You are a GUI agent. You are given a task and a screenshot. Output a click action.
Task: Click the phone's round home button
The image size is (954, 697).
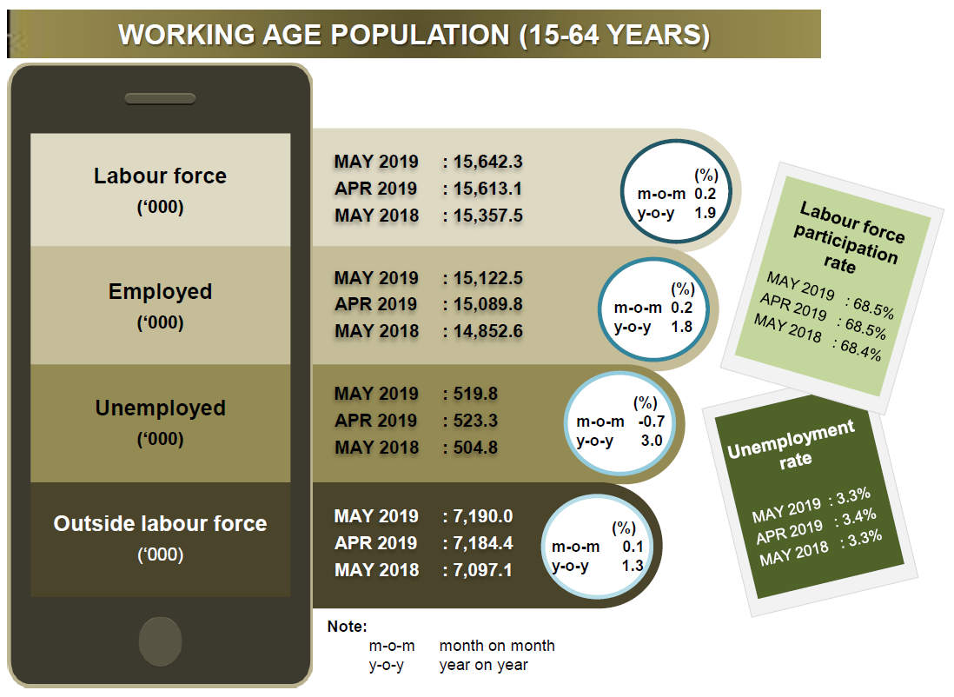click(160, 641)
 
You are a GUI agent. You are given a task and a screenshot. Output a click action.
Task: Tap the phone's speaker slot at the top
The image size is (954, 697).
click(160, 98)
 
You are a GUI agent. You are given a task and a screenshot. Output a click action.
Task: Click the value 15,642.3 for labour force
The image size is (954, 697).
click(488, 162)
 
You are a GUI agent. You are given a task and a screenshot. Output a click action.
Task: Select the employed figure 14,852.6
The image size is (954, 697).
click(488, 331)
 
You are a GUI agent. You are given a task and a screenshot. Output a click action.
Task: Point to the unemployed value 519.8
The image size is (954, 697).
click(475, 394)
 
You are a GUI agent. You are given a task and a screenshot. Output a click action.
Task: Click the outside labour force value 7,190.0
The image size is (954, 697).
click(482, 516)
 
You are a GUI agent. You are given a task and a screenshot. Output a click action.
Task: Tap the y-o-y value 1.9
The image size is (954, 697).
click(706, 213)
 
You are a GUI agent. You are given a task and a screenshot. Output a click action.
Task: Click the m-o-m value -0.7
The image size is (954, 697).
click(651, 422)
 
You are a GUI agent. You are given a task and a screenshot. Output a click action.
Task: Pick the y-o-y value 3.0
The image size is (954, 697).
click(652, 441)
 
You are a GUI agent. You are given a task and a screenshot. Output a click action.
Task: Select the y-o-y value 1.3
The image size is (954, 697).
click(633, 566)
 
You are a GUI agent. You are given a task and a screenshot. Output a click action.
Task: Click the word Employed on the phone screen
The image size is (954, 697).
click(160, 292)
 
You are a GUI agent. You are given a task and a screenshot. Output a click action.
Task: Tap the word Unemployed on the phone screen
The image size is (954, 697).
click(160, 408)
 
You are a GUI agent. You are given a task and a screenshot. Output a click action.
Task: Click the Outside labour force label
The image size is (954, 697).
click(160, 523)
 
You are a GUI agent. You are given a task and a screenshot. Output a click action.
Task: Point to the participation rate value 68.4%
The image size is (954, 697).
click(860, 350)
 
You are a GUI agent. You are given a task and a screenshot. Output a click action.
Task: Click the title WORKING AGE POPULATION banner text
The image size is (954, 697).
click(414, 35)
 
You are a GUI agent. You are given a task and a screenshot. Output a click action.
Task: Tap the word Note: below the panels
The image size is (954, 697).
click(347, 627)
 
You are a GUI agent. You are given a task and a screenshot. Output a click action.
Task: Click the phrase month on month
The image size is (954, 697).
click(497, 646)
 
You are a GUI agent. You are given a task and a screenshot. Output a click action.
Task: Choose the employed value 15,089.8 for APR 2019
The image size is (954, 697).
click(488, 304)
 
